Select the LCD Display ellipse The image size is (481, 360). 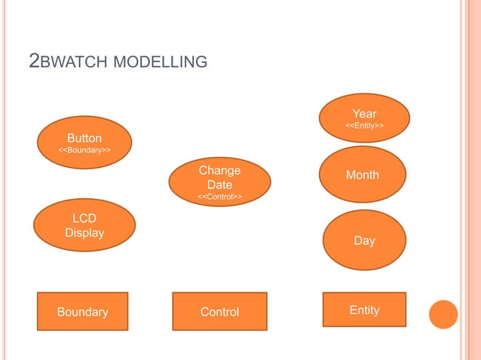84,225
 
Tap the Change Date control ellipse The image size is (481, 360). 219,182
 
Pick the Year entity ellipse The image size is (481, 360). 364,118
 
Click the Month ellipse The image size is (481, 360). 363,175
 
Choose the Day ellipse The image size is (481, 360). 364,240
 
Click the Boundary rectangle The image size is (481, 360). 83,311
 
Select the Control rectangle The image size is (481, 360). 219,311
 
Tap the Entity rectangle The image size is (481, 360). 364,310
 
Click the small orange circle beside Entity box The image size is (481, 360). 443,315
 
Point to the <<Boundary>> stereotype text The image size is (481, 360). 84,151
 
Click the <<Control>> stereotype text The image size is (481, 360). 219,197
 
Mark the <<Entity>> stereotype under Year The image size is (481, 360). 364,125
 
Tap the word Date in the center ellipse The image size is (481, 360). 219,185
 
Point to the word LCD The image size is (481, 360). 84,218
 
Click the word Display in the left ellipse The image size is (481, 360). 84,233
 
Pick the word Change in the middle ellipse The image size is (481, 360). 219,171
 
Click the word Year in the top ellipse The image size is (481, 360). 364,114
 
